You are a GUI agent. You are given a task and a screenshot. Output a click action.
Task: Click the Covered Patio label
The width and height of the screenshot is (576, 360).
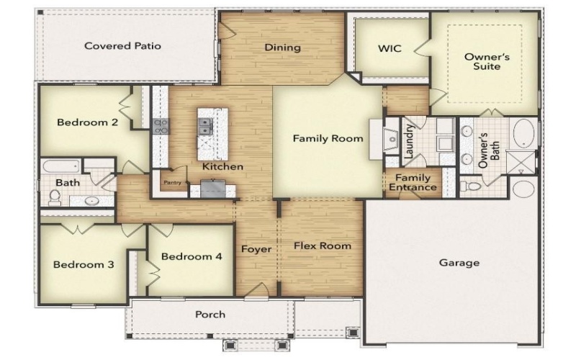(x=122, y=46)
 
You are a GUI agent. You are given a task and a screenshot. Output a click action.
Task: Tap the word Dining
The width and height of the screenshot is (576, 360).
(x=282, y=48)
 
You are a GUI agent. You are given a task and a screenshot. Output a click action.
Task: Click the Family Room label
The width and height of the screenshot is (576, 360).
(x=328, y=138)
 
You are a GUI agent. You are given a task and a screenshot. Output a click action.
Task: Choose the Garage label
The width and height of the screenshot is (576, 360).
(x=459, y=263)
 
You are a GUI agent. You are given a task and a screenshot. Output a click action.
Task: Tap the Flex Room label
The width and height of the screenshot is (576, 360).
(x=323, y=246)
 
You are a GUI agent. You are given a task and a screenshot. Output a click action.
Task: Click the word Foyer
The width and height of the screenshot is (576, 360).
(x=256, y=250)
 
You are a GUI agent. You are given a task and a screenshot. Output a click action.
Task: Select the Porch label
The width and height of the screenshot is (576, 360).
(x=210, y=314)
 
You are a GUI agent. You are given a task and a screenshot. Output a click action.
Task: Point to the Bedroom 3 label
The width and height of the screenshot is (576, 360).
(x=84, y=264)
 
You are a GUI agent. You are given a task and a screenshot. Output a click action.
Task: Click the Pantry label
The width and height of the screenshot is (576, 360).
(x=173, y=183)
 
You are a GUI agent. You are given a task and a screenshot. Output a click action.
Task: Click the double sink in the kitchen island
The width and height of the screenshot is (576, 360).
(x=205, y=127)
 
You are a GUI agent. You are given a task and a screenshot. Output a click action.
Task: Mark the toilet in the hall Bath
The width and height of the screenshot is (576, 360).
(x=55, y=196)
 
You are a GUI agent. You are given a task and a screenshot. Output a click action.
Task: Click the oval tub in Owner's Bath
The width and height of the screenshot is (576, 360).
(x=523, y=134)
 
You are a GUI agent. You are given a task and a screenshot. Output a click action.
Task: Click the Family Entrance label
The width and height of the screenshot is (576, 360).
(x=413, y=183)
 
